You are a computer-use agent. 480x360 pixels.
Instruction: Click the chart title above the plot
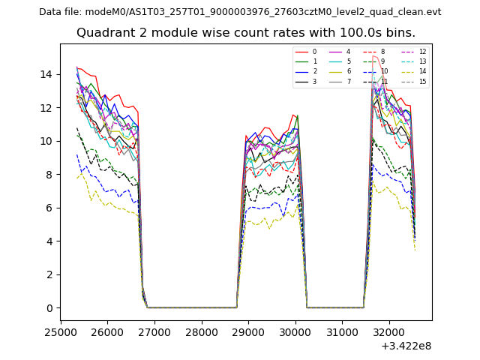(245, 33)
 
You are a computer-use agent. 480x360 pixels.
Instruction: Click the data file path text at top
(240, 12)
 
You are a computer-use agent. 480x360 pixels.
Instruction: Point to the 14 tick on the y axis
(47, 74)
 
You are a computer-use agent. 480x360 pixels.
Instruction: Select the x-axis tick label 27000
(154, 332)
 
